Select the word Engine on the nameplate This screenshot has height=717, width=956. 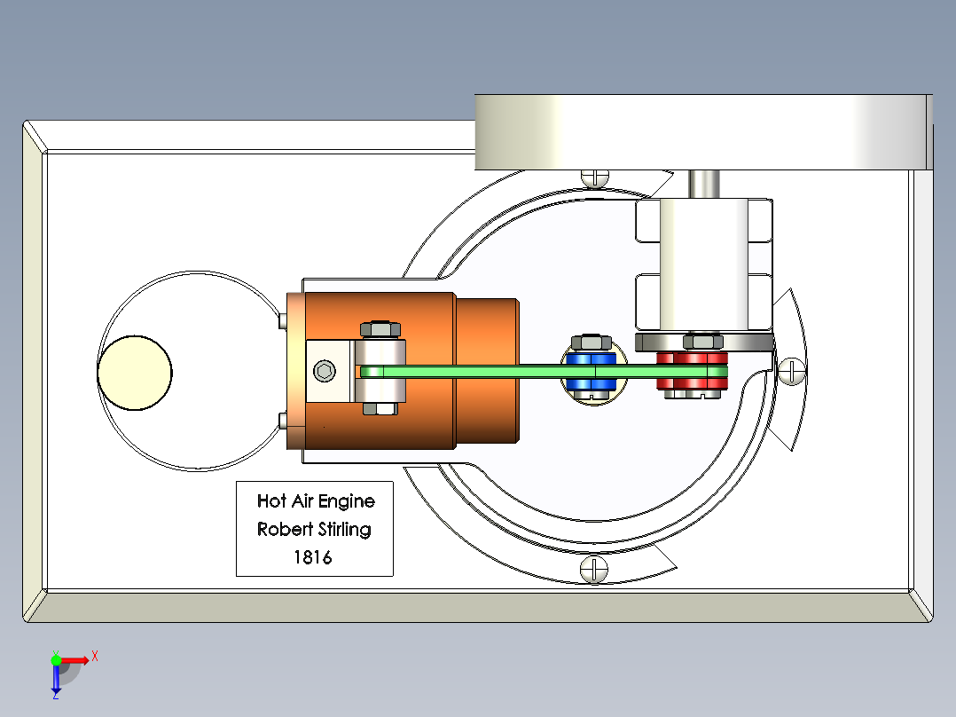[346, 501]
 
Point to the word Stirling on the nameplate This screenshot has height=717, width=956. [340, 530]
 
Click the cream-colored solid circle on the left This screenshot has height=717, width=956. [135, 372]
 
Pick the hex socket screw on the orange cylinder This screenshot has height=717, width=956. [325, 371]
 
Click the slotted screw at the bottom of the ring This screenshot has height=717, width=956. [593, 569]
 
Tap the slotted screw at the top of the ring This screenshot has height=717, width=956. [595, 177]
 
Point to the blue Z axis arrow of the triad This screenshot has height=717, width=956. [56, 680]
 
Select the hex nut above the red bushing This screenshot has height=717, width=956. [704, 340]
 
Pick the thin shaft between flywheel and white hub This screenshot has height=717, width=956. [705, 185]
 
